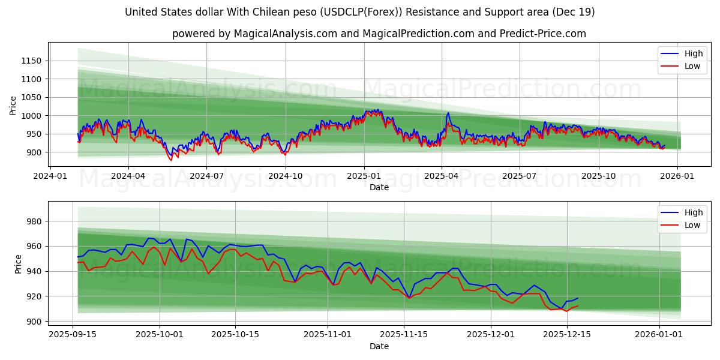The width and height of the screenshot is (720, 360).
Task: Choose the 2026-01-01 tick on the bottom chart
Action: (659, 334)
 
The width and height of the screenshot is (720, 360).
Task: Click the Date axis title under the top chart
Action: (379, 187)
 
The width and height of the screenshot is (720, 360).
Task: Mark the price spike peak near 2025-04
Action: (448, 113)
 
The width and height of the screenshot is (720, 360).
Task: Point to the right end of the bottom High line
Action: (577, 298)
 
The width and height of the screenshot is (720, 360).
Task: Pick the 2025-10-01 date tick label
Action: (160, 334)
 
